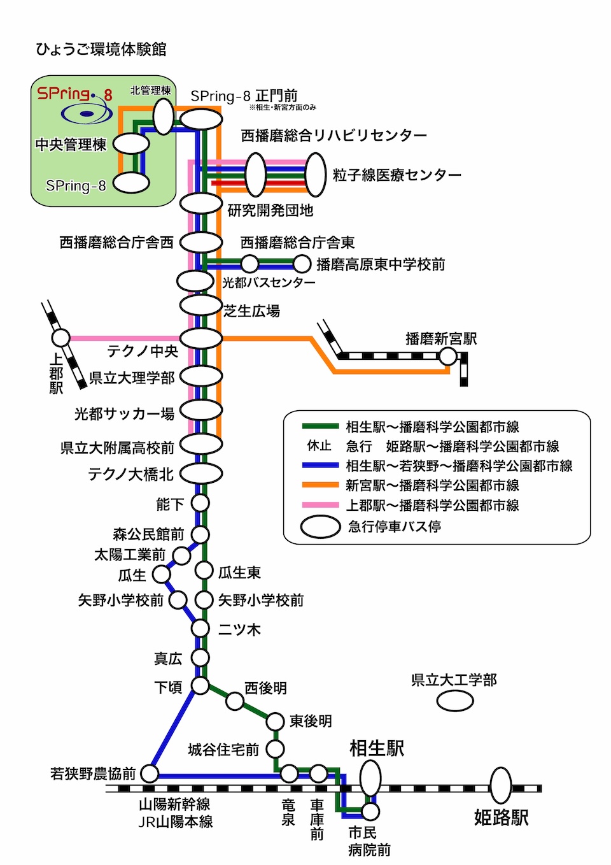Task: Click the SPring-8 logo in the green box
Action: point(75,104)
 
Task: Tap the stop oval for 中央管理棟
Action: point(131,144)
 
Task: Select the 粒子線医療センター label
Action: point(397,175)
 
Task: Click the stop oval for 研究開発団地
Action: point(201,204)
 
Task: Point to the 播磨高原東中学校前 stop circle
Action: point(301,264)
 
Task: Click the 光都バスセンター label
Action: point(269,282)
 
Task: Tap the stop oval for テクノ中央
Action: point(201,338)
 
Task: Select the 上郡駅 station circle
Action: point(60,338)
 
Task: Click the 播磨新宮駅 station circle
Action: point(448,355)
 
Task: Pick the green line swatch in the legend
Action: point(320,427)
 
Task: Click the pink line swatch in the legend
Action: point(320,505)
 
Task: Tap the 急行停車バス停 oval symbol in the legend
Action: point(320,527)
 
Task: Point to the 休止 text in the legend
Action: point(320,446)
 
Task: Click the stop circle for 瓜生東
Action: point(204,569)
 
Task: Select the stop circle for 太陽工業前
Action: point(181,555)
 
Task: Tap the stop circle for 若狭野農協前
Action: point(150,773)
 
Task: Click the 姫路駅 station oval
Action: point(500,785)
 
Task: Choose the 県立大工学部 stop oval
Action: point(455,701)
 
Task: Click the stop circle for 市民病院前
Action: point(370,811)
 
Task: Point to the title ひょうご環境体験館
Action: point(101,49)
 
